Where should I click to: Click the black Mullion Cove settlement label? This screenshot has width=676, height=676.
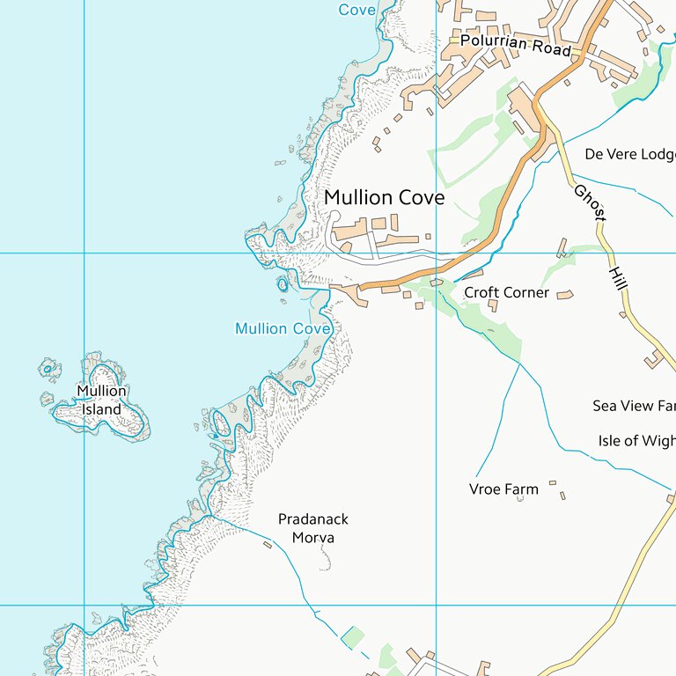point(384,198)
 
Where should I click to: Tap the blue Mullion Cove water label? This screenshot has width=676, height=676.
point(283,328)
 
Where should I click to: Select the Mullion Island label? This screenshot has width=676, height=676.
point(101,400)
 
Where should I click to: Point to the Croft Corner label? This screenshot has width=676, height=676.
point(506,292)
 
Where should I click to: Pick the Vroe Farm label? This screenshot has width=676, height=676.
point(503,489)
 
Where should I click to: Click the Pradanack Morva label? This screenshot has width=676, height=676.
point(306,529)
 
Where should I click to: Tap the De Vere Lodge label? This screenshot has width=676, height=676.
point(629,154)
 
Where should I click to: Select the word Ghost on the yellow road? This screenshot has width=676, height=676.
point(591,202)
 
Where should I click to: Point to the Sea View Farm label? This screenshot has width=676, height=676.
point(634,406)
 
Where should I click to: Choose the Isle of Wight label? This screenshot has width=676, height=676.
point(636,441)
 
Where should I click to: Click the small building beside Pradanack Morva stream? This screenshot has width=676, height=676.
point(268,545)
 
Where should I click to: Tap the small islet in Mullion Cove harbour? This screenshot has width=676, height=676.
point(283,284)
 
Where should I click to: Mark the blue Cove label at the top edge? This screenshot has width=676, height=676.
point(357,10)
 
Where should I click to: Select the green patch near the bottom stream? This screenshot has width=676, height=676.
point(352,636)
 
